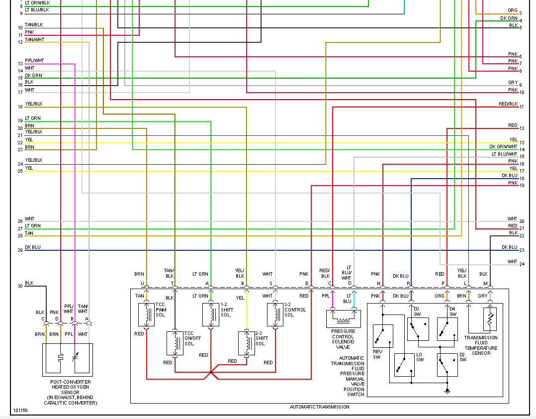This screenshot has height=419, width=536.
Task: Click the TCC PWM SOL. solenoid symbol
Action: (x=146, y=314)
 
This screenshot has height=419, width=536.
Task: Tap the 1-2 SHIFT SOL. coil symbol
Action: (x=211, y=314)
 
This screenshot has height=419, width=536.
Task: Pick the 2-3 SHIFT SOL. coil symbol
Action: (x=247, y=342)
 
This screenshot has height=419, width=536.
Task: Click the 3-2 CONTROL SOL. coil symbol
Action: (x=275, y=314)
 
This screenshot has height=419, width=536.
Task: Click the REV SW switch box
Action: (x=383, y=336)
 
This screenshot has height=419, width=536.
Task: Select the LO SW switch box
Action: (x=404, y=365)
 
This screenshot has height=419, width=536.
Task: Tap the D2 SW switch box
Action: (x=447, y=365)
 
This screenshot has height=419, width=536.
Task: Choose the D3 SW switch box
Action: (x=418, y=328)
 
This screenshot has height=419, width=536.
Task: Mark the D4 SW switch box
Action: (x=447, y=328)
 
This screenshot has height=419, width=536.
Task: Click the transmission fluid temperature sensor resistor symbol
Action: (x=490, y=319)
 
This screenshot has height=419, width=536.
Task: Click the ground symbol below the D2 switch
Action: (x=447, y=391)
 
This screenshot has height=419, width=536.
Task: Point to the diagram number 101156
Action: (x=21, y=411)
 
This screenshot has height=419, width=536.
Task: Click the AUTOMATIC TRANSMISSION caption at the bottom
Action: (x=319, y=407)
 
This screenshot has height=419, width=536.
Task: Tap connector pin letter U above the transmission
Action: (x=143, y=283)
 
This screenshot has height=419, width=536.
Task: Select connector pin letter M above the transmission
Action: (x=486, y=283)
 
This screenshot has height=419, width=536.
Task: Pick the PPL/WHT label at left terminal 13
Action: (x=34, y=61)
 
